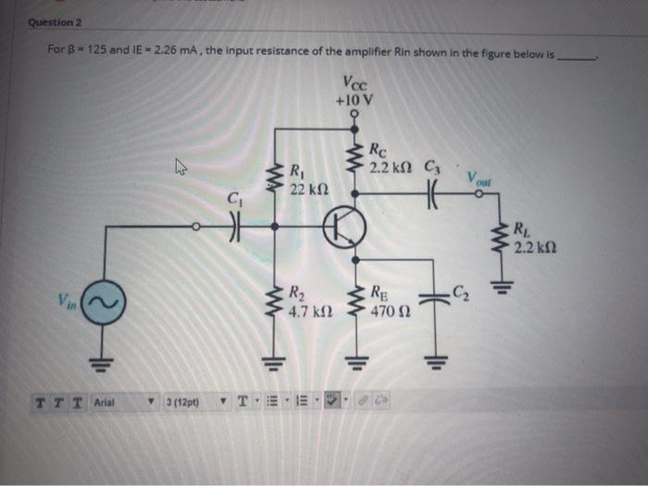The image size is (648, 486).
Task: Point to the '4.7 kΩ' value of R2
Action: pos(305,312)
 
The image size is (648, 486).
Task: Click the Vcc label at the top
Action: pos(354,82)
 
